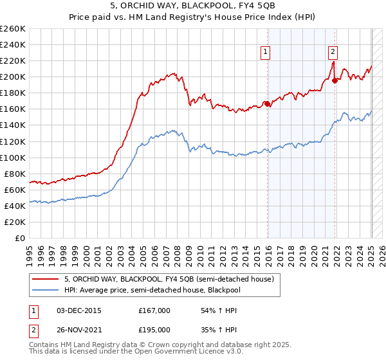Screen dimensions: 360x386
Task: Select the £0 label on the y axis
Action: pyautogui.click(x=21, y=238)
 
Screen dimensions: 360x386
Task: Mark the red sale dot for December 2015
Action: pyautogui.click(x=267, y=104)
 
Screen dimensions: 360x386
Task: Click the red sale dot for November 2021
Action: pyautogui.click(x=335, y=80)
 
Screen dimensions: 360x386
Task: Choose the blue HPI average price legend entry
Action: pyautogui.click(x=152, y=289)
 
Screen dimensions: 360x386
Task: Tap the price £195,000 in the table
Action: pyautogui.click(x=154, y=329)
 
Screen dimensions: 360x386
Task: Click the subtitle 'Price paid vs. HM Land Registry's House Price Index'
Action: pyautogui.click(x=193, y=18)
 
